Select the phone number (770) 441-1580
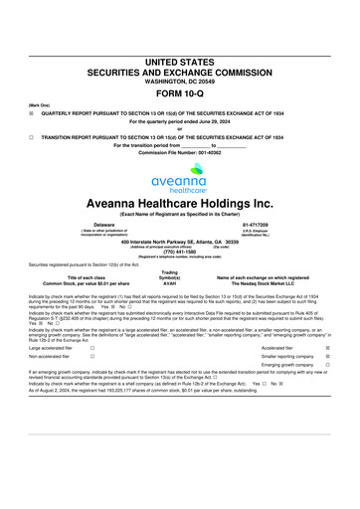[179, 251]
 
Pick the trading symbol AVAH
[170, 290]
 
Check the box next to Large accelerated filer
[91, 348]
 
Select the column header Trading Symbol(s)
[170, 277]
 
